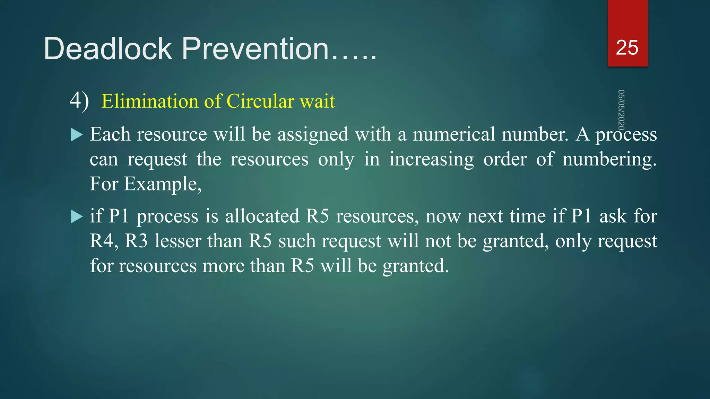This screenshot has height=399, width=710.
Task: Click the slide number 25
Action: coord(627,47)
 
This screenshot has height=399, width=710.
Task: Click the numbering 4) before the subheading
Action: coord(79,101)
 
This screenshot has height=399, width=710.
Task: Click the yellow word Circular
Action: coord(260,101)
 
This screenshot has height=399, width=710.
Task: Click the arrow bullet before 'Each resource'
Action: coord(77,134)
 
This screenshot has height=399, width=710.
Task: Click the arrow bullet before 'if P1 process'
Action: coord(77,216)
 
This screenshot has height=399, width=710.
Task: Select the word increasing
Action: coord(431,159)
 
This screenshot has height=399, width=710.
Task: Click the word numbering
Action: coord(609,159)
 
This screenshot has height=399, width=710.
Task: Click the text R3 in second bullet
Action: coord(136,241)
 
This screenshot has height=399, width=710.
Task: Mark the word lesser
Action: coord(178,241)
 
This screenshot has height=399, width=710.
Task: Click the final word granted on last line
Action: coord(415,266)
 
